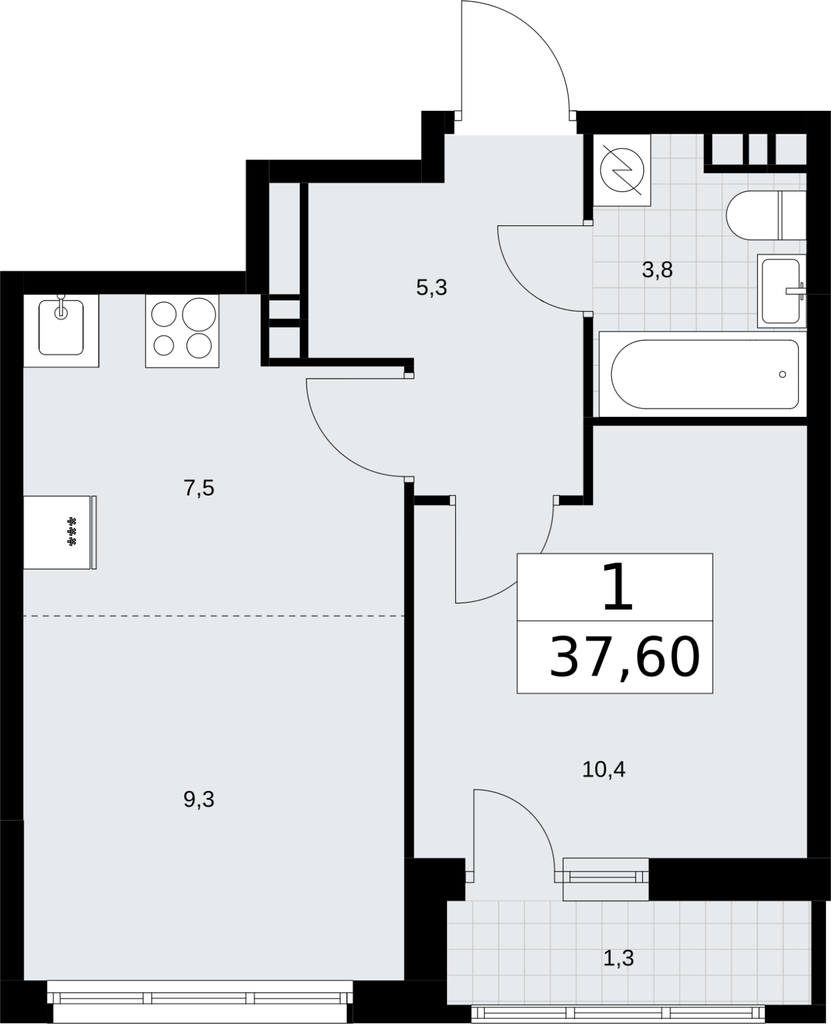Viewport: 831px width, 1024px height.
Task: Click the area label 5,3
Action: [432, 288]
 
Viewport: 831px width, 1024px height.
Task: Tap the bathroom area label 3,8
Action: [657, 270]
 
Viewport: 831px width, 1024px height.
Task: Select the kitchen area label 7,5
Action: [199, 489]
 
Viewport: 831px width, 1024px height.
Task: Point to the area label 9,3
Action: [199, 799]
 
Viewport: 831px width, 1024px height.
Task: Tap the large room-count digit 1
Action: [617, 587]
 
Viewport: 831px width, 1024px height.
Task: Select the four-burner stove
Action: [182, 331]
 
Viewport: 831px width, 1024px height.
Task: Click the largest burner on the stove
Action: [199, 314]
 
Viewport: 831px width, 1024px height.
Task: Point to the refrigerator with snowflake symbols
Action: [60, 532]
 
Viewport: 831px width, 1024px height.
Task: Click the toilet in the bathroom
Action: [766, 215]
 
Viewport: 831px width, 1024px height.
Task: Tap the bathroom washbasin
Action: [782, 291]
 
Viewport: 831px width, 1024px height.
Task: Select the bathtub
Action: [703, 375]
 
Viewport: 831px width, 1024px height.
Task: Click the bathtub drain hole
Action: [782, 375]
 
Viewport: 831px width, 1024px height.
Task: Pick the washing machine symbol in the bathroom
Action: [622, 170]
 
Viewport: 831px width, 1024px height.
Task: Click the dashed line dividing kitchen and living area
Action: [214, 616]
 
